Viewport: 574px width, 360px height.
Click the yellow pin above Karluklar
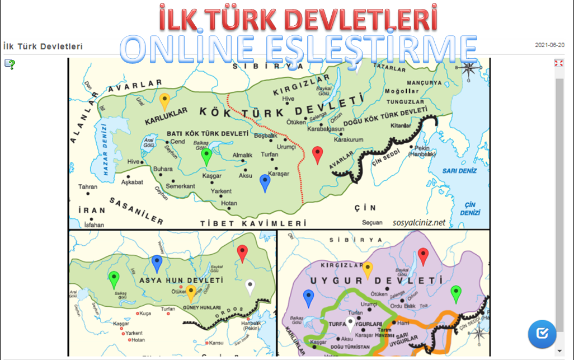click(164, 101)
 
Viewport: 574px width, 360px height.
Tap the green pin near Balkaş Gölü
click(206, 156)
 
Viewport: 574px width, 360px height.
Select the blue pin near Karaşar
click(265, 182)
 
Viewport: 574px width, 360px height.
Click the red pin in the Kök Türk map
click(317, 154)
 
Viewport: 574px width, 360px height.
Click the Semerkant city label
click(180, 186)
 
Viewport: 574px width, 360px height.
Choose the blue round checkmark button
click(542, 334)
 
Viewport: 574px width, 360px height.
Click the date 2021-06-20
click(549, 45)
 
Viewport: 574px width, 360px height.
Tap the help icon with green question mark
click(10, 64)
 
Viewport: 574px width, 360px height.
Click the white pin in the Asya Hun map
click(250, 287)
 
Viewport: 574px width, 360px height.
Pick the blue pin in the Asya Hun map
click(157, 263)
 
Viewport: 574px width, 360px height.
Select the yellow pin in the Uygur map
click(368, 270)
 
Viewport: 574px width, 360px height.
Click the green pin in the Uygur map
click(456, 293)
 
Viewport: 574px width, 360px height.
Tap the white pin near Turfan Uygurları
click(350, 324)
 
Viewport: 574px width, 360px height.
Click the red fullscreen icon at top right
click(558, 63)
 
